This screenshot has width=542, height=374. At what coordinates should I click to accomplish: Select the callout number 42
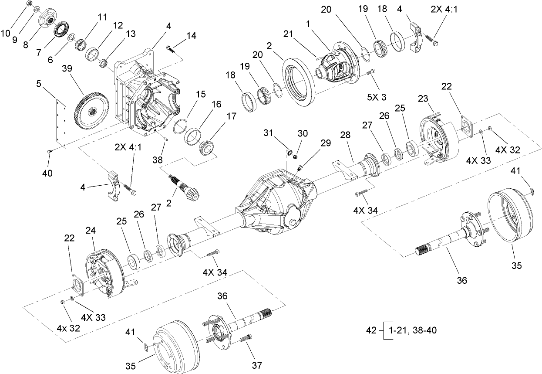tap(370, 330)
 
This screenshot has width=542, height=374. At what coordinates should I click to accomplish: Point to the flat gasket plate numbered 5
tap(61, 122)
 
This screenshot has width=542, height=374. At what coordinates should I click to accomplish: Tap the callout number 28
tap(345, 136)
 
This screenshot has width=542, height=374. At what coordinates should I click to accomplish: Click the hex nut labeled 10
tap(30, 3)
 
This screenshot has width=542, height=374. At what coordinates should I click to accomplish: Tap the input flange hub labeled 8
tap(48, 20)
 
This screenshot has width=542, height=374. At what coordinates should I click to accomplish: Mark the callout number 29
tap(325, 142)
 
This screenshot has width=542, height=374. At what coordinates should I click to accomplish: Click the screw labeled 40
tap(49, 151)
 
